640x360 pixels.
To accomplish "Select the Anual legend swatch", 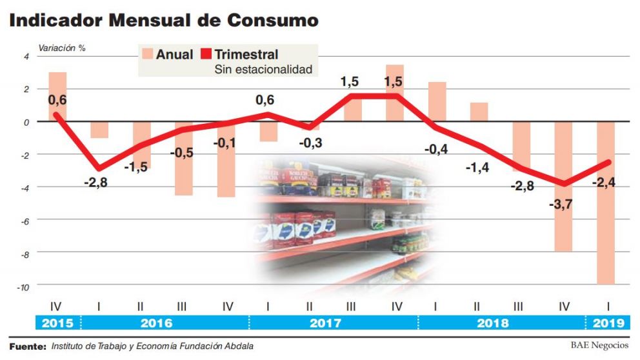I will (146, 54).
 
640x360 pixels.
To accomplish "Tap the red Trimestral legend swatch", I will (206, 54).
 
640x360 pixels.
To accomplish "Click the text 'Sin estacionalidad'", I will (263, 69).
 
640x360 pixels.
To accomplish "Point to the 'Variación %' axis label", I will (62, 48).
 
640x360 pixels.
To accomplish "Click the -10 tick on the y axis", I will (23, 287).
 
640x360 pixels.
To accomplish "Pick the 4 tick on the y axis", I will (26, 57).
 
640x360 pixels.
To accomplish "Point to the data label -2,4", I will (605, 183).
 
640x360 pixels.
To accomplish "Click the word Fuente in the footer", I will (28, 346).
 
